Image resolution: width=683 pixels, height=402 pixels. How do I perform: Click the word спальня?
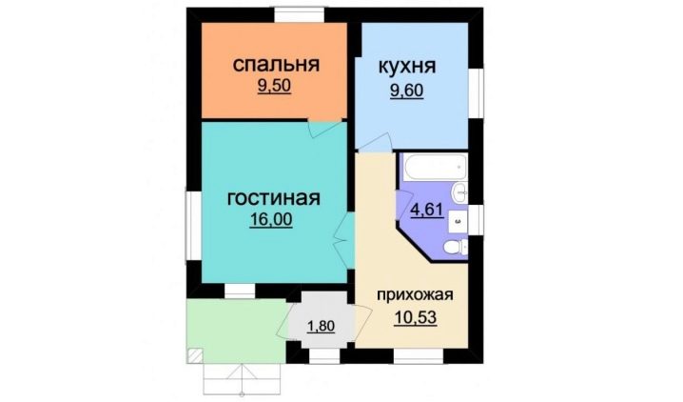click(x=276, y=65)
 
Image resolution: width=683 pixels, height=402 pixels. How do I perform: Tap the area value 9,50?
click(x=274, y=86)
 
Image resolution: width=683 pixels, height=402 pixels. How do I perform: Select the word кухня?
click(x=407, y=67)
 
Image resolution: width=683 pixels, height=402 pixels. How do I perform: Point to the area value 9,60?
click(x=407, y=91)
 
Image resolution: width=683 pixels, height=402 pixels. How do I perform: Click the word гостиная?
click(x=274, y=198)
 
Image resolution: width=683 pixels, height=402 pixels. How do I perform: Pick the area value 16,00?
click(x=271, y=219)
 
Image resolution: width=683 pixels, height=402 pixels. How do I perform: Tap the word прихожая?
click(x=415, y=295)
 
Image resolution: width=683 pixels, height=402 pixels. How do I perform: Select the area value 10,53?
click(x=415, y=318)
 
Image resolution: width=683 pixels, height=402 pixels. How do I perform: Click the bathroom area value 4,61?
click(x=427, y=210)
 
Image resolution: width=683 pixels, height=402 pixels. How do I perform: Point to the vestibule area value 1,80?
click(x=321, y=326)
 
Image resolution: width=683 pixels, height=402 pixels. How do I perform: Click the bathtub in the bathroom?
click(x=435, y=167)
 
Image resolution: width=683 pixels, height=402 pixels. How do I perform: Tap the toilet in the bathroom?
click(x=456, y=248)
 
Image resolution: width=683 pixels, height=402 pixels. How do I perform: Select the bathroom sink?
click(x=459, y=192)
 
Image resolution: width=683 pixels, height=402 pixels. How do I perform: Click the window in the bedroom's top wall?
click(x=299, y=15)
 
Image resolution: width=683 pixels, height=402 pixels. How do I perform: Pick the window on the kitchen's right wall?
click(x=477, y=92)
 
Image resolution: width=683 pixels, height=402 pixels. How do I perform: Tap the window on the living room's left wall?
click(x=193, y=224)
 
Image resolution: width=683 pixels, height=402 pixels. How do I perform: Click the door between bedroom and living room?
click(x=325, y=128)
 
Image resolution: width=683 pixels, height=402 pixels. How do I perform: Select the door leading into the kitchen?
click(x=374, y=143)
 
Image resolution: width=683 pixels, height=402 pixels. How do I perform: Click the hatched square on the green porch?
click(x=195, y=355)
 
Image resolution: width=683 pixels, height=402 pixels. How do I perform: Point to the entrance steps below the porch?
click(x=243, y=379)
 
